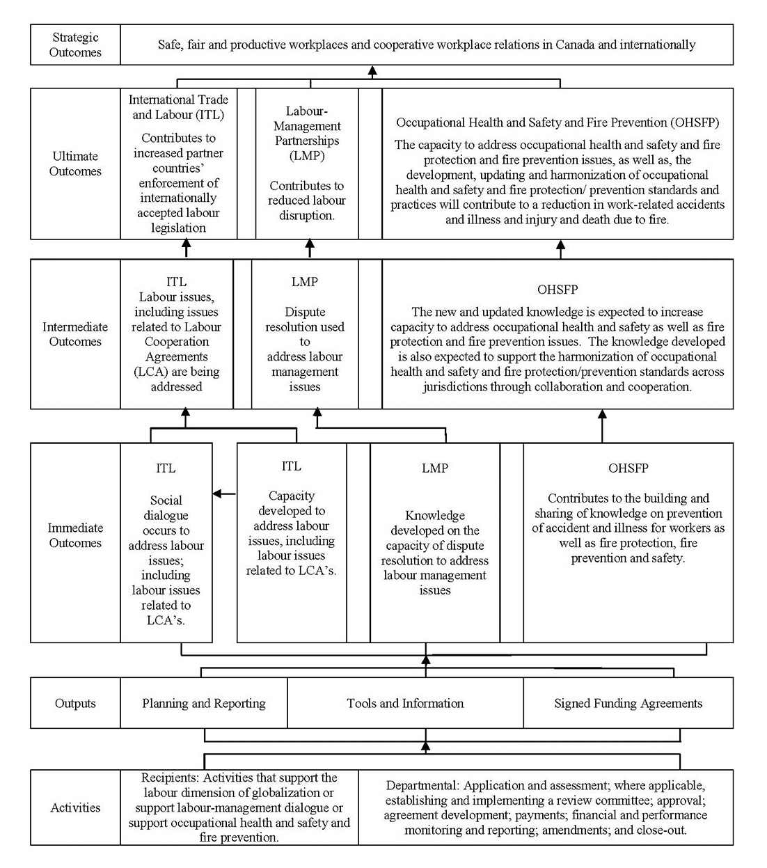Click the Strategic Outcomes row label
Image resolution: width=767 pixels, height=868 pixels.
coord(75,45)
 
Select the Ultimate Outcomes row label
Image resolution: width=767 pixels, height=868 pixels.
coord(75,164)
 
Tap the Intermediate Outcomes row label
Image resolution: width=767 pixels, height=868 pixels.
coord(75,334)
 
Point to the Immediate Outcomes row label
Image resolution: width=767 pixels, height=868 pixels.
coord(75,535)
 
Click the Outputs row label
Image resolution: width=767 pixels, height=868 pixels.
coord(75,703)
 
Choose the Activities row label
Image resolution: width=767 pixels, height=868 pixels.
coord(75,807)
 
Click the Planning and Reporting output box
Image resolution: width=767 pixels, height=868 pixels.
coord(204,703)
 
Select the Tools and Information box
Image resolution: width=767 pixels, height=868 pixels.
coord(405,703)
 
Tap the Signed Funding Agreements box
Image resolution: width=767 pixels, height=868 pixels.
coord(628,703)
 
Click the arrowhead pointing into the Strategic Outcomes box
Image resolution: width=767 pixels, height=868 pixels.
coord(372,70)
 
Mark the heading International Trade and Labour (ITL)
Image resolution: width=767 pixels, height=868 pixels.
coord(178,107)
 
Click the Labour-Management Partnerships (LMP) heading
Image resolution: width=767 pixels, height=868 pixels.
coord(307,133)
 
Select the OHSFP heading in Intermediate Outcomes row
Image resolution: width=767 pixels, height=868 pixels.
coord(558,290)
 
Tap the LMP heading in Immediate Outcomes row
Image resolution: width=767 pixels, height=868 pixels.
coord(435,468)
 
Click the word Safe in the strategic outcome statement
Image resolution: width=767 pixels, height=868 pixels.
coord(169,45)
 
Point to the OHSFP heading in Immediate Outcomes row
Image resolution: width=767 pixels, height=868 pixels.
coord(628,468)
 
